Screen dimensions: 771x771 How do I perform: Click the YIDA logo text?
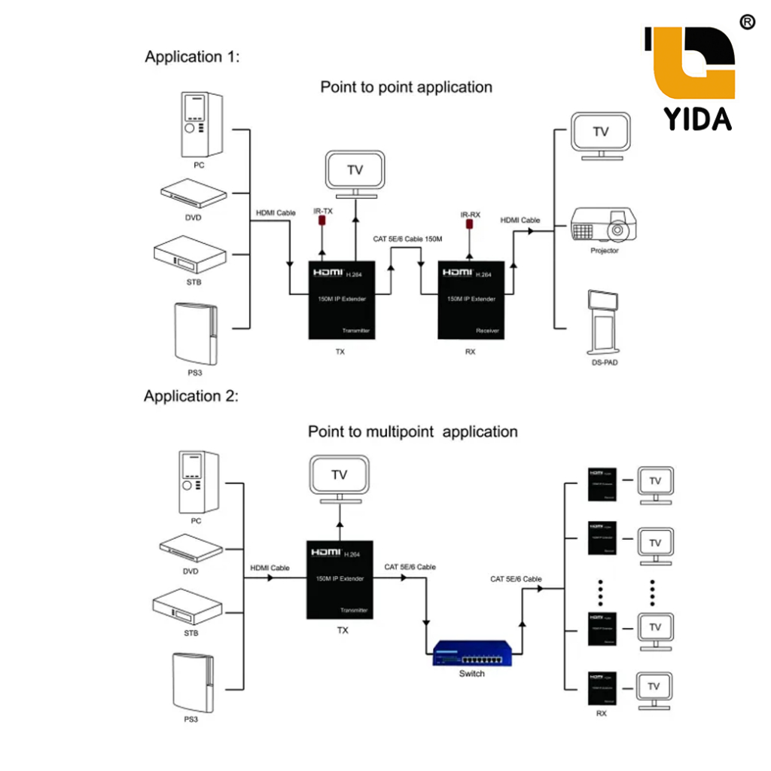pos(697,118)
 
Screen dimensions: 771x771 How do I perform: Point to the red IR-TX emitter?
pos(322,222)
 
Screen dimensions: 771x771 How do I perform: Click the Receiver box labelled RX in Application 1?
pos(471,300)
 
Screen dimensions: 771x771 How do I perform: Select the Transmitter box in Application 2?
pos(341,579)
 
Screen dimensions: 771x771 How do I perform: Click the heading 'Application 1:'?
pos(192,56)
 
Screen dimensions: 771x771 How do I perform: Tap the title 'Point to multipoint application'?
pos(413,432)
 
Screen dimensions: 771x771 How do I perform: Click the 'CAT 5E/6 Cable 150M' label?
pos(407,239)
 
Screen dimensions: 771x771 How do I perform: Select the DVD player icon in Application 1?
pos(194,194)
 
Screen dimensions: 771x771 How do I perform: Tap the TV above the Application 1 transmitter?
pos(354,172)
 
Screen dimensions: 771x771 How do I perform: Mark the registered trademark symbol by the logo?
pos(747,22)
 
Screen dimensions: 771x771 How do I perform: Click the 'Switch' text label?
pos(472,674)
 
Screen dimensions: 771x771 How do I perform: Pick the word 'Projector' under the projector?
pos(604,251)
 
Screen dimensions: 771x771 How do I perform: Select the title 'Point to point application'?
pos(407,87)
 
